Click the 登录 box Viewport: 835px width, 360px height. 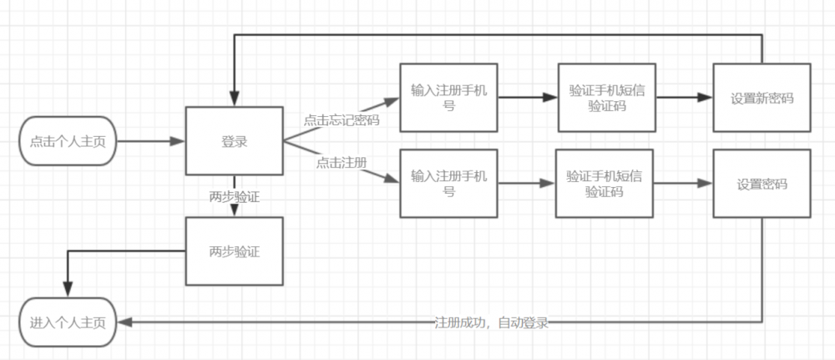pos(234,141)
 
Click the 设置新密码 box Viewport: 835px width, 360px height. pos(762,98)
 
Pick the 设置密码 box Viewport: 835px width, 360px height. pos(762,185)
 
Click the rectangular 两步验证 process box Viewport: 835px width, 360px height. pos(234,251)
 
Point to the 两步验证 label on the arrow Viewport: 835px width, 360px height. pos(234,197)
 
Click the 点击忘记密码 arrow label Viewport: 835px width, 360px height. pos(341,120)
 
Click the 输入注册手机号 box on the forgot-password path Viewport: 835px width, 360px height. pos(448,98)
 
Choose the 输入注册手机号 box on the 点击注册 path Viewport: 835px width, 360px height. pos(448,184)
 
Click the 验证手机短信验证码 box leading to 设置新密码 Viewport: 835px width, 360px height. pos(606,98)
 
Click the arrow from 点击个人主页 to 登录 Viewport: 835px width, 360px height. pos(150,141)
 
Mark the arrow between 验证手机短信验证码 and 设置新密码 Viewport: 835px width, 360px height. pos(684,98)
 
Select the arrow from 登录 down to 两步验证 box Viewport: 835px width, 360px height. pos(234,207)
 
